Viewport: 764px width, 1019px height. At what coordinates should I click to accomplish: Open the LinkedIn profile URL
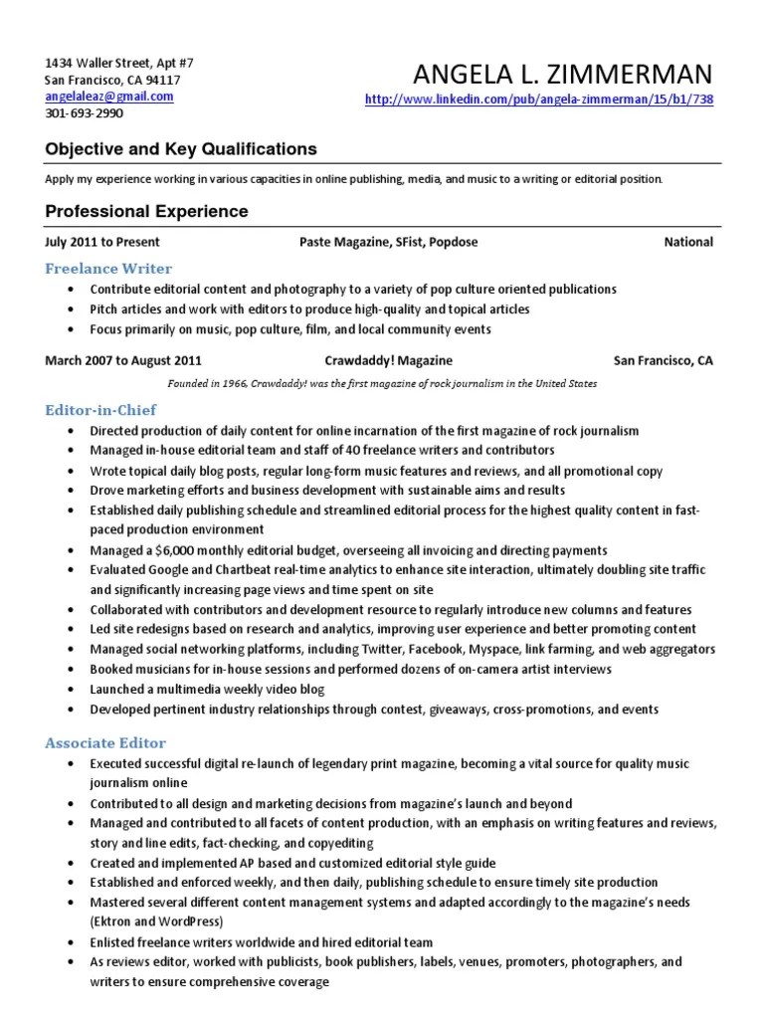(x=540, y=100)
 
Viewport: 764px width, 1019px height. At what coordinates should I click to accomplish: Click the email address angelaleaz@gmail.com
(x=109, y=97)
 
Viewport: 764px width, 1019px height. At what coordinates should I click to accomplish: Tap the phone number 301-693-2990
(x=85, y=113)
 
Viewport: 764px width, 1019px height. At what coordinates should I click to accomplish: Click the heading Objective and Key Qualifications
(x=181, y=149)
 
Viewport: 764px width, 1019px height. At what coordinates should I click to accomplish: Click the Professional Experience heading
(x=146, y=212)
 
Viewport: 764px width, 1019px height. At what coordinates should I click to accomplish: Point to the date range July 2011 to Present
(x=102, y=242)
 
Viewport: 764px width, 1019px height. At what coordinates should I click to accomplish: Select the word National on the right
(x=688, y=242)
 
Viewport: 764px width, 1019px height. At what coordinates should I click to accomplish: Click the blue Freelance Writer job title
(x=108, y=269)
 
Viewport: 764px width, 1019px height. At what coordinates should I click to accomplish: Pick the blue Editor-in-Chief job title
(x=100, y=409)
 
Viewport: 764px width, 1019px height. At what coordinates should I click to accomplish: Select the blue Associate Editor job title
(x=105, y=742)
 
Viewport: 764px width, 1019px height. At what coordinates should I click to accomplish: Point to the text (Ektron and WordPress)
(x=156, y=921)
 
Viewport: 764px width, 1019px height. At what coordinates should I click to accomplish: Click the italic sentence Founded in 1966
(x=382, y=382)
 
